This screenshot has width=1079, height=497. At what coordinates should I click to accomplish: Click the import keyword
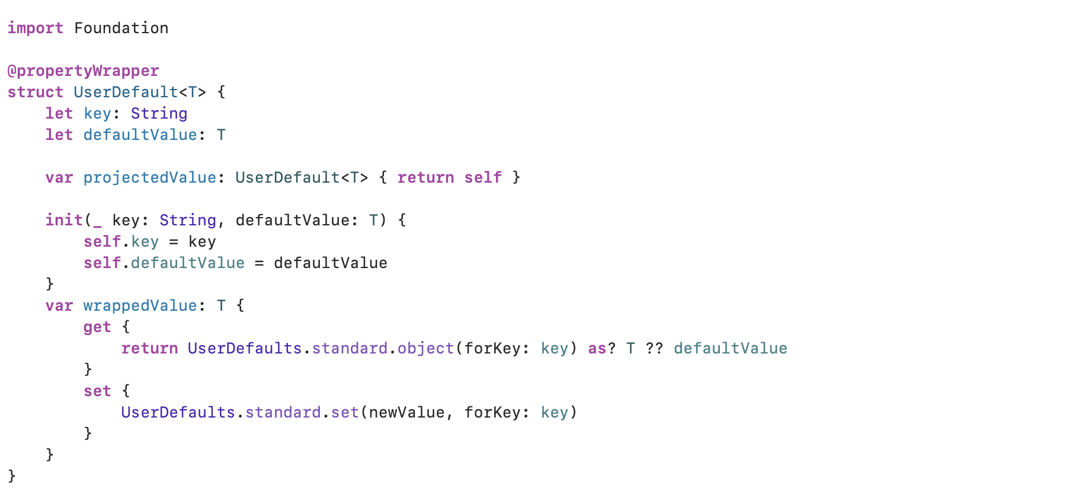coord(35,28)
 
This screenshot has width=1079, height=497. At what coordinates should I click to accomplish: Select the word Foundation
coord(121,28)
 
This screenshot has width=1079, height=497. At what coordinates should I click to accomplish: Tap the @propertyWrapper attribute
coord(83,71)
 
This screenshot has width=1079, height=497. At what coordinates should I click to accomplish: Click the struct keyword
coord(35,92)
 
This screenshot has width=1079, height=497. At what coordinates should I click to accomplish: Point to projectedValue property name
coord(150,178)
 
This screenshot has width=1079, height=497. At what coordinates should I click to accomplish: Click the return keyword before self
coord(425,177)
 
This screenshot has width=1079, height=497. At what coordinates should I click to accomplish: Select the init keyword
coord(64,220)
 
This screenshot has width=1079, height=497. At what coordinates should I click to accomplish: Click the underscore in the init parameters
coord(97,226)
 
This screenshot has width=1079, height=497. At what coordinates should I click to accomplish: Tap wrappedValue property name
coord(140,306)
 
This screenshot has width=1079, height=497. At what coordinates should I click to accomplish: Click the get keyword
coord(97,327)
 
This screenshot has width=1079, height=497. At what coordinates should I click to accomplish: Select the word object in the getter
coord(425,349)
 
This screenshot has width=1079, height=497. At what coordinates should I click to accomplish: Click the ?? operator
coord(654,348)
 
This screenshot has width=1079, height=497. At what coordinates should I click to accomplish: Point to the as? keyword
coord(602,348)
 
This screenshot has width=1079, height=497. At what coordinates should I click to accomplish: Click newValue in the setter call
coord(406,412)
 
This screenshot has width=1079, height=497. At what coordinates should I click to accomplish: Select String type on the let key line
coord(159,114)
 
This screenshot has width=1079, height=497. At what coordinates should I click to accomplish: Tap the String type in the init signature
coord(188,221)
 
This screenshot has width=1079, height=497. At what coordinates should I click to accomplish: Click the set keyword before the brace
coord(97,391)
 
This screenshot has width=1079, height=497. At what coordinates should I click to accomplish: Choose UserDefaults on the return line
coord(245,348)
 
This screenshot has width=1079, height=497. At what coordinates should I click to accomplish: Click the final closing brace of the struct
coord(12,476)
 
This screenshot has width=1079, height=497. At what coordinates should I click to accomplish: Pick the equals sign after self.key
coord(174,242)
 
